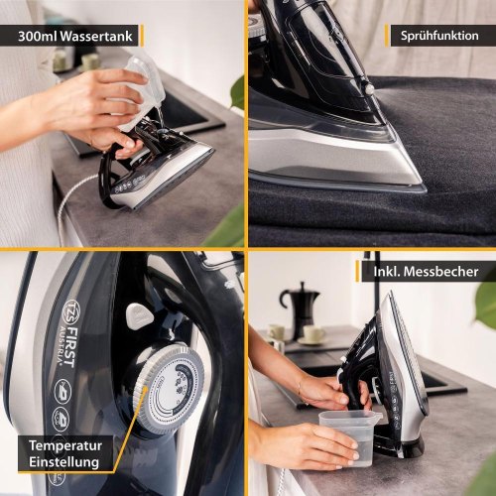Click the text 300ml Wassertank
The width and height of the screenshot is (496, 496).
75,36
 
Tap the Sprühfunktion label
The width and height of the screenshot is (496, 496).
439,36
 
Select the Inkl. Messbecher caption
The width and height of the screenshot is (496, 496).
426,272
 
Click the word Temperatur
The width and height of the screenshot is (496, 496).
65,445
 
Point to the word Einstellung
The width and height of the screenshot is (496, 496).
63,462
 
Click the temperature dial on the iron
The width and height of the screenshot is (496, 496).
169,388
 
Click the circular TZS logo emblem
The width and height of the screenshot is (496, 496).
71,311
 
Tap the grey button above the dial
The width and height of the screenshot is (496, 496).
138,315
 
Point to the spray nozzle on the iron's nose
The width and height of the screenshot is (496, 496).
369,87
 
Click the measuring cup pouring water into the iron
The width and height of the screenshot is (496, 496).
141,91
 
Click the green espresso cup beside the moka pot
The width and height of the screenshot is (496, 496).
312,334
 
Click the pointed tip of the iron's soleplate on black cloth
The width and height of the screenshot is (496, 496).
423,187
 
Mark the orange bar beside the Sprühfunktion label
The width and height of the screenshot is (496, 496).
387,36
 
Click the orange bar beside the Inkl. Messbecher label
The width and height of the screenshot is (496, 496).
357,271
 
